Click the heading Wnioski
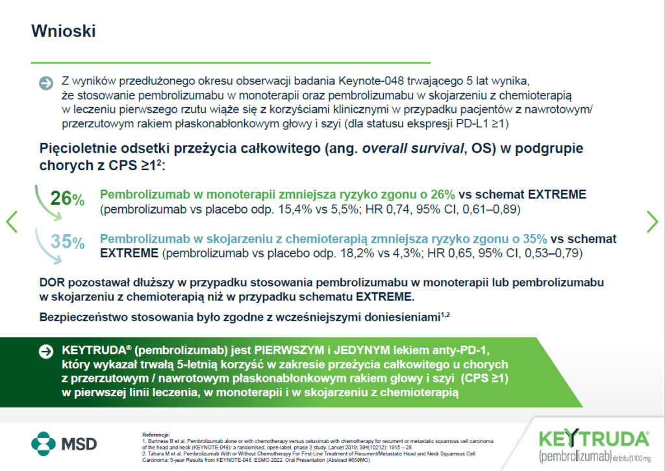[x=64, y=31]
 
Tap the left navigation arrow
[x=12, y=222]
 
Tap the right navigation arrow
[x=652, y=222]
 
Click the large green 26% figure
[x=67, y=198]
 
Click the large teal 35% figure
[x=68, y=242]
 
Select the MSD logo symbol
[x=44, y=444]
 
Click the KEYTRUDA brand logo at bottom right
[x=594, y=446]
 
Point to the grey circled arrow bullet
[x=46, y=83]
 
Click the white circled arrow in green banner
[x=46, y=351]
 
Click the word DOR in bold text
[x=52, y=283]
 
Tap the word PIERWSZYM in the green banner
[x=289, y=351]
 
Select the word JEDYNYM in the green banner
[x=362, y=351]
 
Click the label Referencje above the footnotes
[x=156, y=435]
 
